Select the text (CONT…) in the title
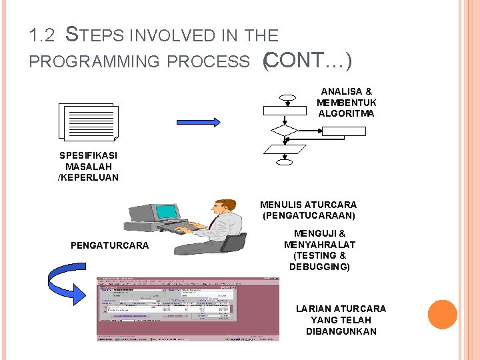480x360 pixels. tap(307, 61)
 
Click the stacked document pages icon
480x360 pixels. tap(88, 123)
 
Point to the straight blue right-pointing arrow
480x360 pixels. tap(198, 122)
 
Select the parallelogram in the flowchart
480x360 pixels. tap(285, 149)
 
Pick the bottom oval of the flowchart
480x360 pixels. tap(285, 161)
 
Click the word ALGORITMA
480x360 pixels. tap(346, 114)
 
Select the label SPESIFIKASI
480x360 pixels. tap(88, 155)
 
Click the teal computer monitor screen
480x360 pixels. tap(167, 212)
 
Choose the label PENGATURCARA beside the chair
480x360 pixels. tap(109, 245)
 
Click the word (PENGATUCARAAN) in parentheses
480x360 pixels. tap(309, 216)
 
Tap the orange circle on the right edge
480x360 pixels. tap(442, 314)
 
